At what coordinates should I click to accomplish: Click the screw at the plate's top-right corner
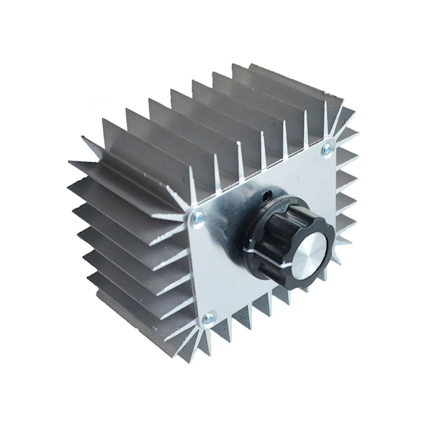coord(327,149)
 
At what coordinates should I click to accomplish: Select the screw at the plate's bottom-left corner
coord(209,318)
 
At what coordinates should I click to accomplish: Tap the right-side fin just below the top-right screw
coord(345,171)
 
